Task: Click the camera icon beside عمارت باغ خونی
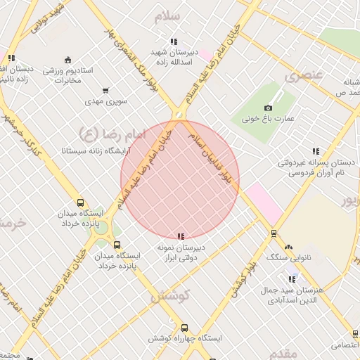[x=268, y=108]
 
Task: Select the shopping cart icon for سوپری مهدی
[x=105, y=90]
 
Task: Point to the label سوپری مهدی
[x=105, y=101]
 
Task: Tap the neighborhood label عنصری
[x=302, y=75]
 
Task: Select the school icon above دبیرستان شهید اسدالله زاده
[x=174, y=41]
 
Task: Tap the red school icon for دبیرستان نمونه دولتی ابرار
[x=181, y=237]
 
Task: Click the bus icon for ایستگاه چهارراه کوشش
[x=184, y=328]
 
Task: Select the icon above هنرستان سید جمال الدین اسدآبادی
[x=292, y=279]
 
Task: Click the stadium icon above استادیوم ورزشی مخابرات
[x=67, y=60]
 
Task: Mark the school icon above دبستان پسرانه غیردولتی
[x=316, y=151]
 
